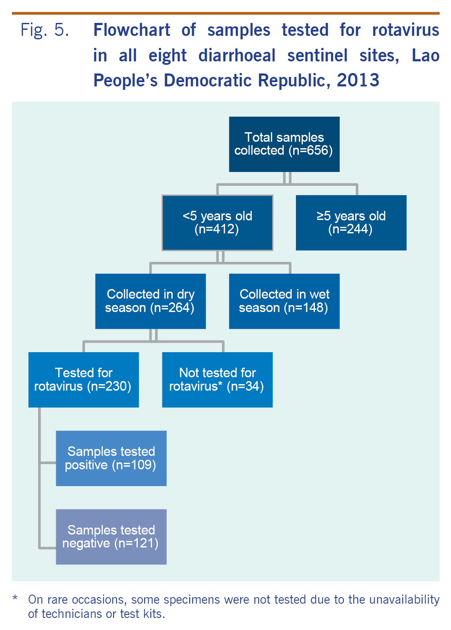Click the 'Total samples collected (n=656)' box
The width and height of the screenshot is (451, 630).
point(284,144)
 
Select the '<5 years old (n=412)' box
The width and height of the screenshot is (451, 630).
point(217,223)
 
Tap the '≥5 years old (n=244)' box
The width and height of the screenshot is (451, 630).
point(351,223)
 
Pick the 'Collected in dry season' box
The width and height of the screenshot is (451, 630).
point(150,301)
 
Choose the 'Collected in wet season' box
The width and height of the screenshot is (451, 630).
point(284,301)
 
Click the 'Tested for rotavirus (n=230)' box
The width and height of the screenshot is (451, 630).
point(83,379)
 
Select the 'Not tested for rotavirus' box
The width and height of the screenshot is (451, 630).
point(217,379)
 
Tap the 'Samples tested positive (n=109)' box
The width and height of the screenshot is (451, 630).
point(111,458)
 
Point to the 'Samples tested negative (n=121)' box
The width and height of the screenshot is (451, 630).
point(111,537)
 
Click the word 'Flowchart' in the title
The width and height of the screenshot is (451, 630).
point(132,30)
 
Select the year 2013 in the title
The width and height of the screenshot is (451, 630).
point(358,80)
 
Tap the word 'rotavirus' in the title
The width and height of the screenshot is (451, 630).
point(405,30)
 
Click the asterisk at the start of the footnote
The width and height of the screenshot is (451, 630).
point(16,598)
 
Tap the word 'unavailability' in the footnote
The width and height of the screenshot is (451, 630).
point(404,600)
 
